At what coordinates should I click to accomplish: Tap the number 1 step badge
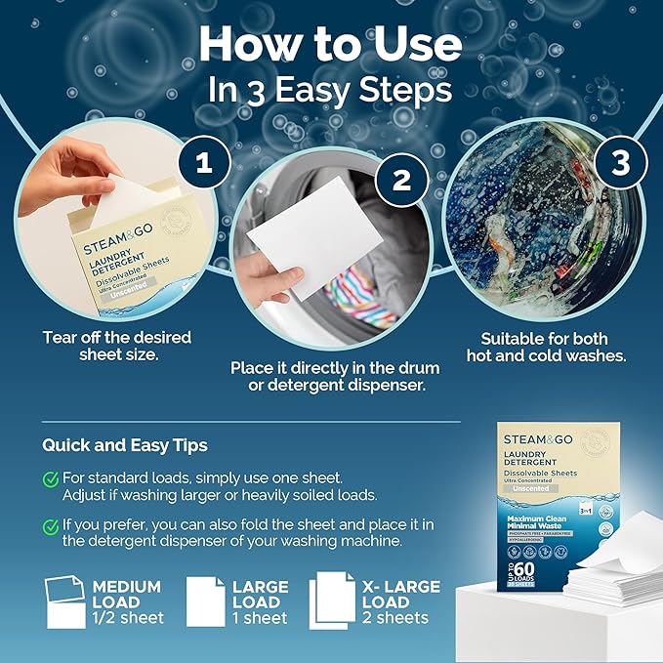pos(205,163)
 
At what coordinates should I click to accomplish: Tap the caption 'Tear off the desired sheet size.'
pos(116,347)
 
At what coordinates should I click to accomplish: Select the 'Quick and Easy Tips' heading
pos(124,445)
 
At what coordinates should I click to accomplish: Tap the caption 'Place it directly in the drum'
pos(335,368)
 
